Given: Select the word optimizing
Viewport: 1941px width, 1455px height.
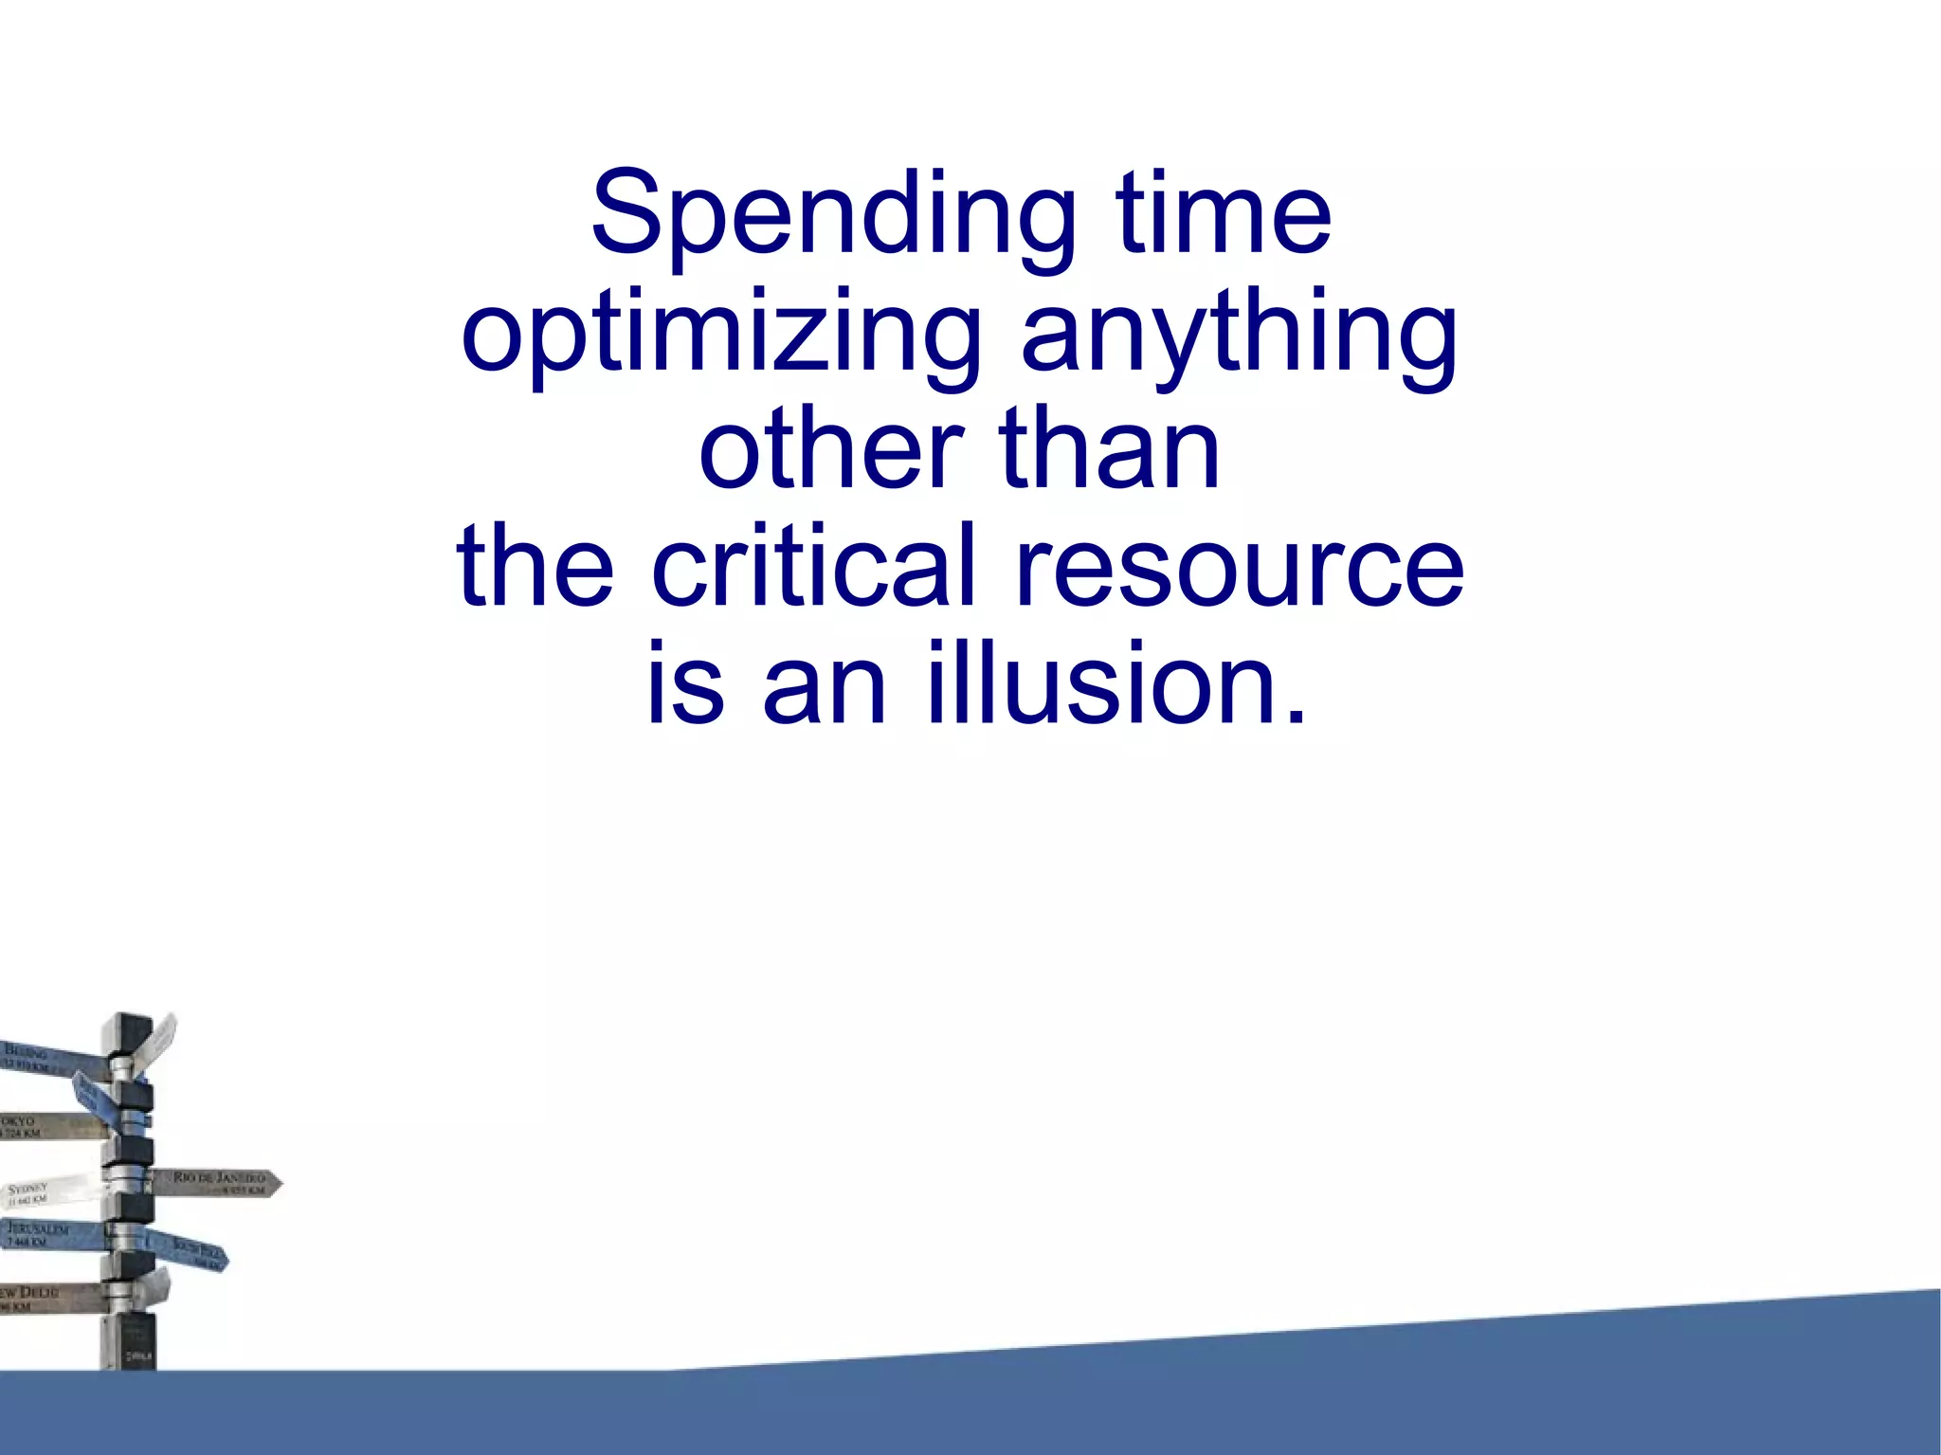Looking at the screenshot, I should point(720,334).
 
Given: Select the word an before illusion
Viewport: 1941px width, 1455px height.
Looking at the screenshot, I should point(825,684).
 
